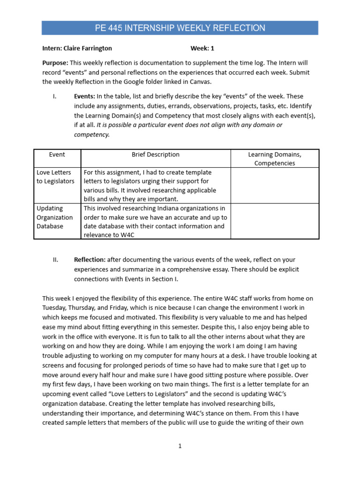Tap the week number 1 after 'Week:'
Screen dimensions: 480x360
pos(212,48)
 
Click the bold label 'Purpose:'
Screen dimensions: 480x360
pos(55,62)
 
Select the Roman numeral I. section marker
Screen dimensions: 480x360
pos(55,97)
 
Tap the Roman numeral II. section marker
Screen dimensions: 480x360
pos(55,260)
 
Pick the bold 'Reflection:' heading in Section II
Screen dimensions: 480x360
pos(90,260)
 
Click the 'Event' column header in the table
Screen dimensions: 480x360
pos(57,154)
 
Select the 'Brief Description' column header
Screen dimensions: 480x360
pos(156,154)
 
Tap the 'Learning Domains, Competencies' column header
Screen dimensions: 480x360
pos(275,158)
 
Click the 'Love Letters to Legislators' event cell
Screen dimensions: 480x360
pos(55,177)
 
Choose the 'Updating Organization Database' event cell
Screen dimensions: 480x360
pos(55,217)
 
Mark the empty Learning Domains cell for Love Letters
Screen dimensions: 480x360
pos(275,185)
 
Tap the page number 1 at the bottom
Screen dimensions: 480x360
pos(180,446)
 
